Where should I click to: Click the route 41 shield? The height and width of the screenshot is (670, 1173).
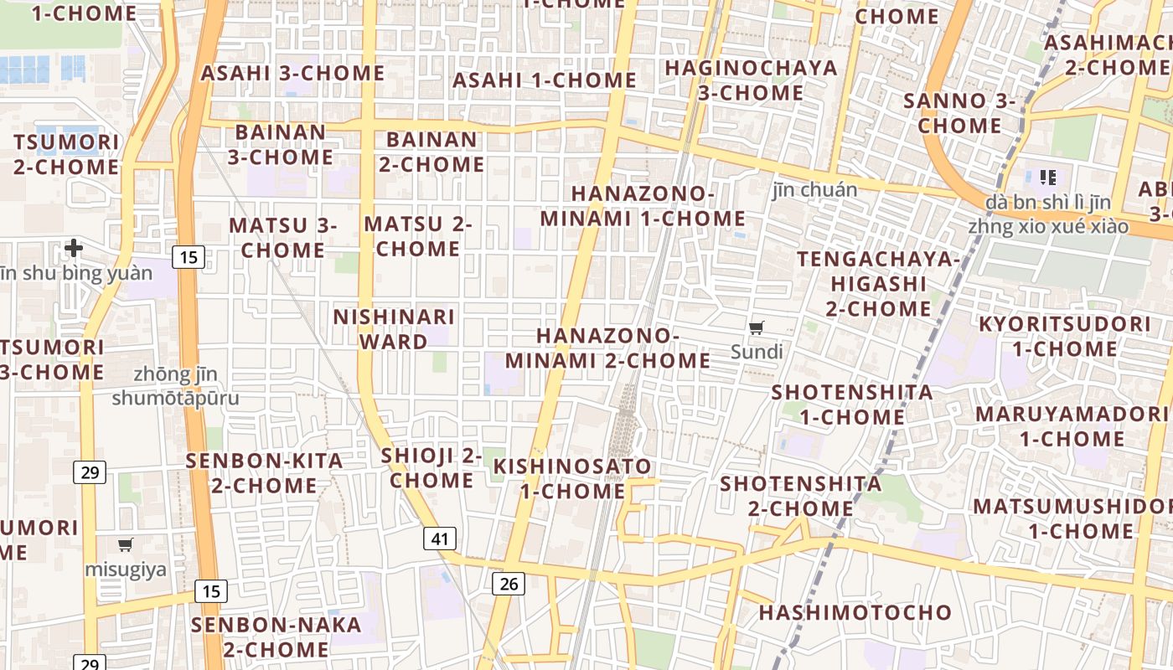(440, 539)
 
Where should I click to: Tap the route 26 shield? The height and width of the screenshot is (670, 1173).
(509, 584)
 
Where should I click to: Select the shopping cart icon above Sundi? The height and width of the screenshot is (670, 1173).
(757, 328)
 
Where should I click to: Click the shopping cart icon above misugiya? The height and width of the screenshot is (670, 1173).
(126, 545)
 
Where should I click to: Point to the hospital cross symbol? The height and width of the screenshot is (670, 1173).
(74, 248)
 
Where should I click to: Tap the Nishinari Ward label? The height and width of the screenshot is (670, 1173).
(394, 329)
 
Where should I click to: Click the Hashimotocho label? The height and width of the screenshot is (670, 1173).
(855, 612)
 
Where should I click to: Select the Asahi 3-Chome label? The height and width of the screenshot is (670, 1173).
(292, 73)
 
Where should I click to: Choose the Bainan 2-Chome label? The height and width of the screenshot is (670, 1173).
(431, 152)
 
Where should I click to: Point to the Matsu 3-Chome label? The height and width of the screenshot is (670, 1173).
(282, 237)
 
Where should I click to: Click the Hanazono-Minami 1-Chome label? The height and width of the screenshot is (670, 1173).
(643, 206)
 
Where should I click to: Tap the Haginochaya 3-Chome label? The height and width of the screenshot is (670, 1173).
(751, 80)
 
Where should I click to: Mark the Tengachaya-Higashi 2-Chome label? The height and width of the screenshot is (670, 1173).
(878, 283)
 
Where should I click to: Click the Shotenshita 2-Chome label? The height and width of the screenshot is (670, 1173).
(800, 496)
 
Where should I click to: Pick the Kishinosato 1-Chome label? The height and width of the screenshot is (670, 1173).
(572, 478)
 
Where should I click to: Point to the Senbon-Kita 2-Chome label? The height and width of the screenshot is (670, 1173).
(264, 472)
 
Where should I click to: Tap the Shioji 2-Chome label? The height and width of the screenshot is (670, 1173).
(431, 467)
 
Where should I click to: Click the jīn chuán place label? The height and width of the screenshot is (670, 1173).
(814, 189)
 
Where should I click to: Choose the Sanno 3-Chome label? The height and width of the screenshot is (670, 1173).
(959, 113)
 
